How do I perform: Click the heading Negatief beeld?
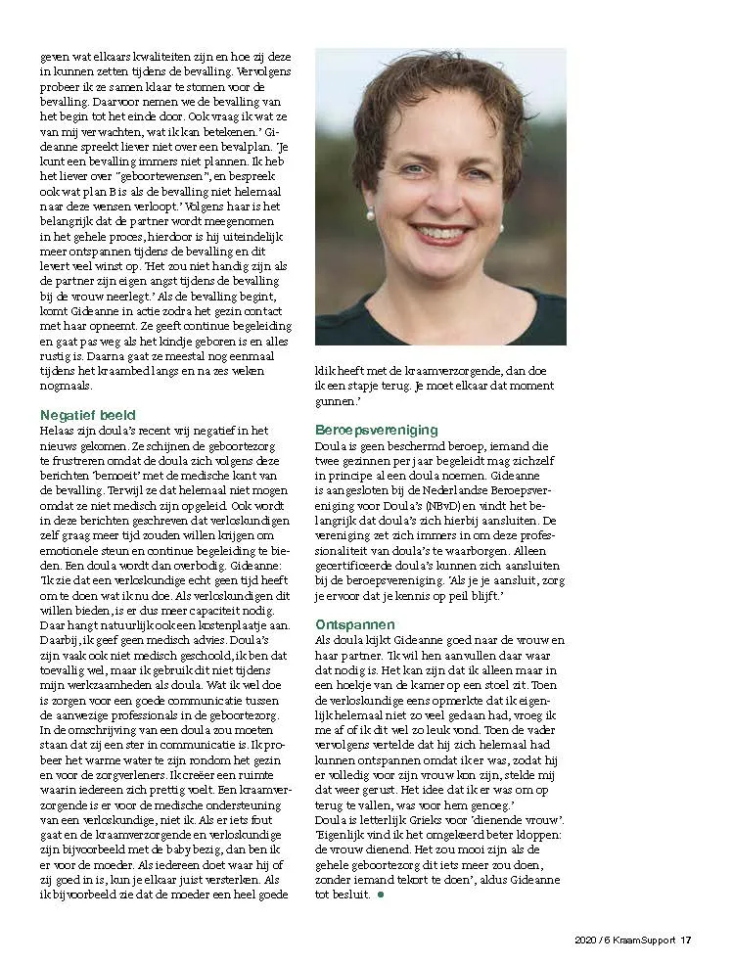(88, 415)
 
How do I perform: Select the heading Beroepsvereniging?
(377, 430)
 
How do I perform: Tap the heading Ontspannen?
(354, 623)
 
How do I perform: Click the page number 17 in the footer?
(686, 941)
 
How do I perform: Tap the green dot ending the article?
(380, 895)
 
